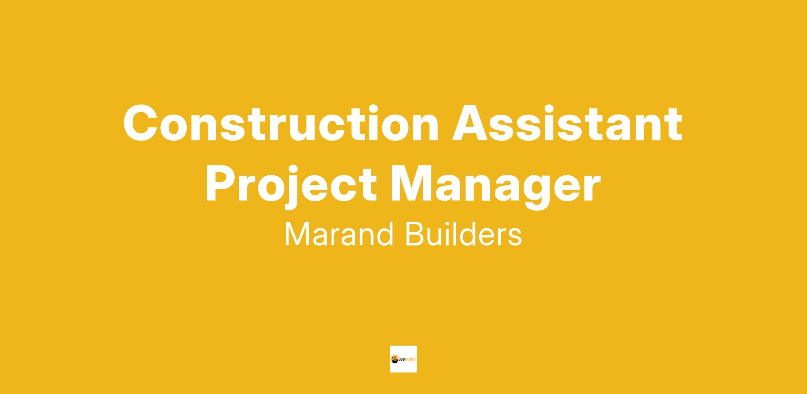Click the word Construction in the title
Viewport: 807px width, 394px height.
pyautogui.click(x=281, y=123)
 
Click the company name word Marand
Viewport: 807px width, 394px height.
pyautogui.click(x=339, y=234)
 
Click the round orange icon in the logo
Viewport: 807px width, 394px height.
pyautogui.click(x=394, y=359)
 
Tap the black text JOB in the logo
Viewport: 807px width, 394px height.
pyautogui.click(x=403, y=359)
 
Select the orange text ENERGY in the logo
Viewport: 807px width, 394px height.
pyautogui.click(x=412, y=359)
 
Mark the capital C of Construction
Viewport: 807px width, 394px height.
pyautogui.click(x=141, y=123)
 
